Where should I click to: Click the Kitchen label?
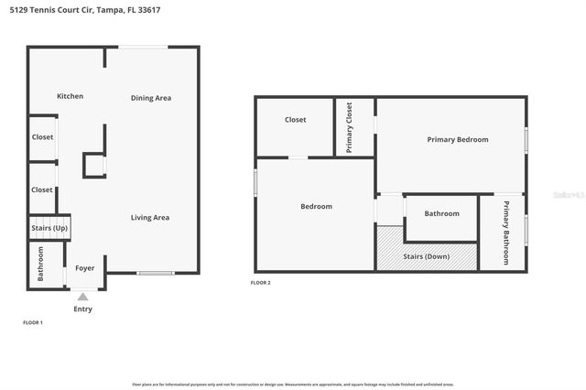[x=71, y=96]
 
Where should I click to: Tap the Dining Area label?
[x=151, y=98]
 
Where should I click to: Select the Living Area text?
[x=150, y=217]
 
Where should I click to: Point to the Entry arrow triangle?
[x=83, y=297]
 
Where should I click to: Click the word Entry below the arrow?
[x=83, y=309]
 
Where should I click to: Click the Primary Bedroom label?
[x=458, y=139]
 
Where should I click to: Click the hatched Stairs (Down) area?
[x=427, y=256]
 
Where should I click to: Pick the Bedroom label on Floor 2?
[x=317, y=206]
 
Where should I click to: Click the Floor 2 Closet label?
[x=295, y=119]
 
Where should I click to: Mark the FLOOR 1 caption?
[x=33, y=322]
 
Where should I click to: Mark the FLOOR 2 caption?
[x=261, y=283]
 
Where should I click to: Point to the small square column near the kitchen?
[x=93, y=165]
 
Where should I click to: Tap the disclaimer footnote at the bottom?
[x=293, y=385]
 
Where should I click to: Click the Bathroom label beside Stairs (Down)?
[x=441, y=213]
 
